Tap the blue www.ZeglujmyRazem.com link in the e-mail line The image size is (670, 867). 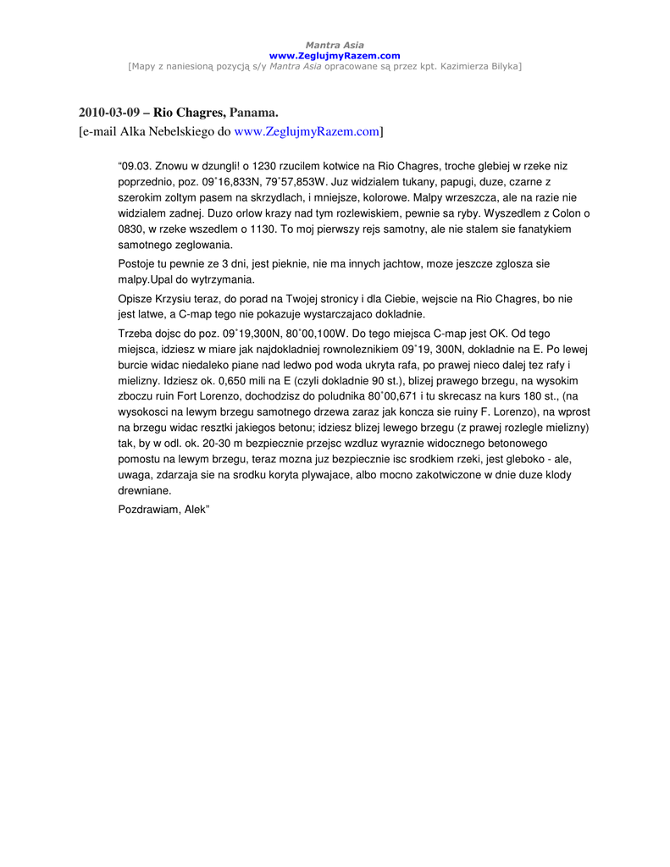tap(306, 131)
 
